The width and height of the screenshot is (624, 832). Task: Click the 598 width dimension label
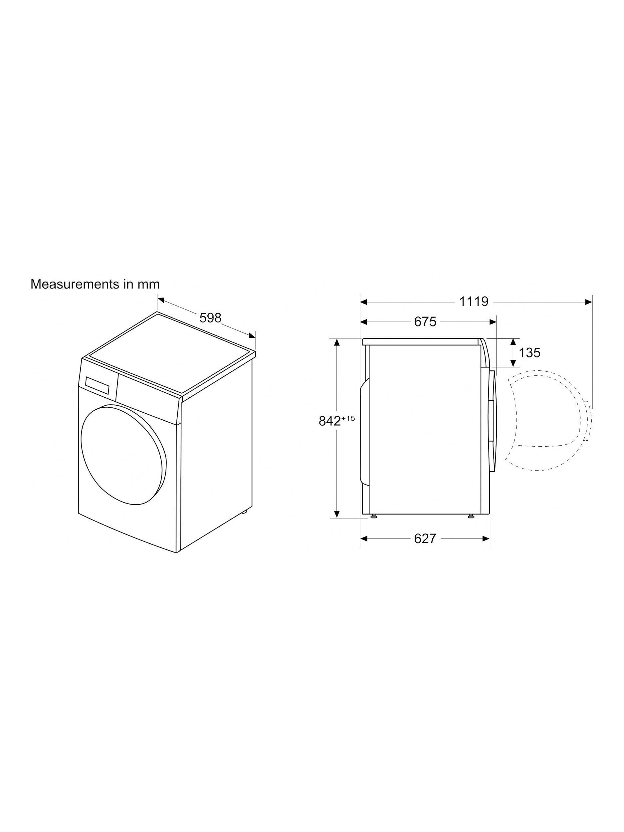point(210,318)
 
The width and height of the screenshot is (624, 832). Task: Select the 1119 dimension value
point(474,301)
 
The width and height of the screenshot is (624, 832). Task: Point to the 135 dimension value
point(529,352)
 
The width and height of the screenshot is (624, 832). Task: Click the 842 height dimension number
point(330,421)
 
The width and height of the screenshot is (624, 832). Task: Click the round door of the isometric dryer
point(123,454)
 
